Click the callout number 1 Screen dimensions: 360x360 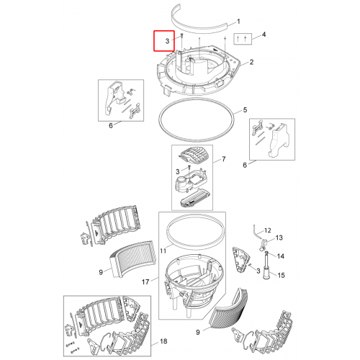point(238,22)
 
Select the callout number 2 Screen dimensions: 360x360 point(251,62)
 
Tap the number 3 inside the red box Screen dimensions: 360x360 point(167,41)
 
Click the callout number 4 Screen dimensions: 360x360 point(264,35)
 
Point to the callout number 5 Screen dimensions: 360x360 point(245,110)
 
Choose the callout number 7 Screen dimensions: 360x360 point(224,159)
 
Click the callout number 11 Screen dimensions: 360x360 point(163,251)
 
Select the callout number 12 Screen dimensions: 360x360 point(268,230)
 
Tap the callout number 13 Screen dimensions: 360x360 point(279,238)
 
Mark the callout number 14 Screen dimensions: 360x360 point(280,256)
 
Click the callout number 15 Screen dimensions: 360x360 point(281,275)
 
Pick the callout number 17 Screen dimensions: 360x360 point(145,282)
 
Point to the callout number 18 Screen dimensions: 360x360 point(163,341)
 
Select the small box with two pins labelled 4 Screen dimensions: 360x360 point(243,39)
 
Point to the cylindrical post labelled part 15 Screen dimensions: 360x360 point(266,266)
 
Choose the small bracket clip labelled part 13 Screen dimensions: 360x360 point(263,245)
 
